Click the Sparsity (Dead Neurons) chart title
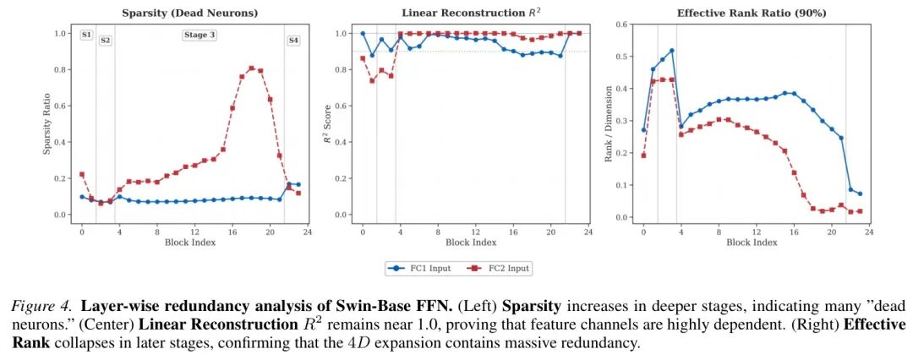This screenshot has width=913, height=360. pos(189,14)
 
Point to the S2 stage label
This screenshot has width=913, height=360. pos(106,41)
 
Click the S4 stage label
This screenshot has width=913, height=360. pos(293,41)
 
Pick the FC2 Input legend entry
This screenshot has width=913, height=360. pos(499,268)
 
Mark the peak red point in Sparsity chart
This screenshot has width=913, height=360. pos(251,68)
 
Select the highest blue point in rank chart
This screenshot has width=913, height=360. pos(671,51)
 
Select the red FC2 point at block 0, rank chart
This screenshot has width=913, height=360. pos(643,155)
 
